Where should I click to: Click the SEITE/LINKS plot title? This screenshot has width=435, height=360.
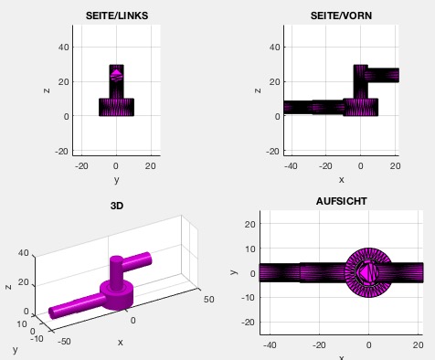pyautogui.click(x=117, y=16)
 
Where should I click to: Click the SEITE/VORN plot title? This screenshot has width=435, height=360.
pyautogui.click(x=341, y=16)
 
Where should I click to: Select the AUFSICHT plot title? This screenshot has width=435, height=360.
pyautogui.click(x=341, y=201)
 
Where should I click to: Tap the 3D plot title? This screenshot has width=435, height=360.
pyautogui.click(x=117, y=206)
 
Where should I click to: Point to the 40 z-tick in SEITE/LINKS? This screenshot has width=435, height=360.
pyautogui.click(x=62, y=48)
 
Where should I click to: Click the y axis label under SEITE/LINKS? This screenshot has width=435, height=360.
pyautogui.click(x=117, y=180)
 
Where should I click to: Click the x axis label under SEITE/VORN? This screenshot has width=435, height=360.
pyautogui.click(x=341, y=180)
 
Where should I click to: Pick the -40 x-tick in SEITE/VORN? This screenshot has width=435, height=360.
pyautogui.click(x=291, y=166)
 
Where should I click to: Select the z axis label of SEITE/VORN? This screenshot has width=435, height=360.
pyautogui.click(x=258, y=90)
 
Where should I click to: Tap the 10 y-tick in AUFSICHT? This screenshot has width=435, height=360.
pyautogui.click(x=250, y=249)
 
